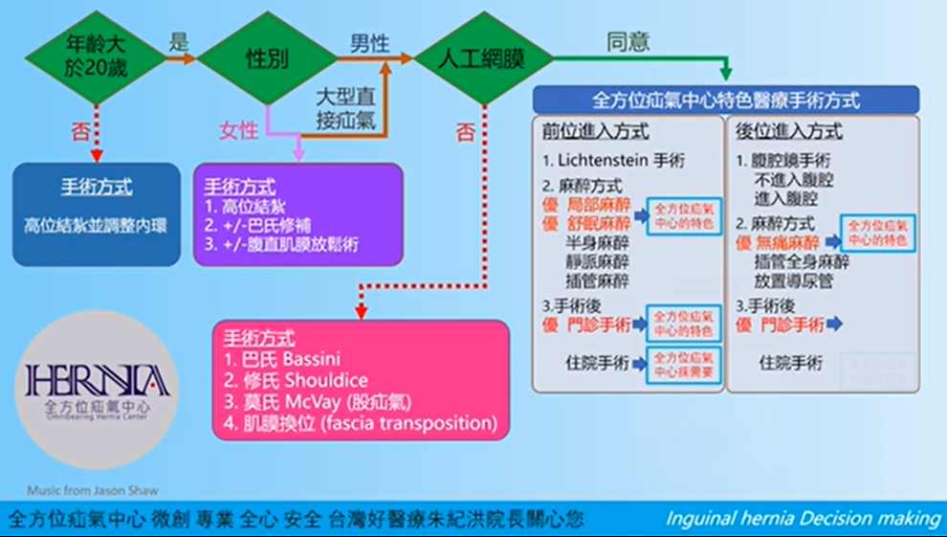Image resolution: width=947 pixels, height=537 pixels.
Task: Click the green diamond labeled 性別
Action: (x=266, y=59)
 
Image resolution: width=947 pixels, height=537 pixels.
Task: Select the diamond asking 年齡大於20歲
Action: (x=95, y=59)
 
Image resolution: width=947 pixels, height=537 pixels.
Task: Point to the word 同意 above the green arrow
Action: (x=628, y=42)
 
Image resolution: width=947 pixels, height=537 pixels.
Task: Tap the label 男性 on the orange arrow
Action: (x=369, y=43)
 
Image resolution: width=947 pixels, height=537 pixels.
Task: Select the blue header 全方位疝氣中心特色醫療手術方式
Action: (x=726, y=101)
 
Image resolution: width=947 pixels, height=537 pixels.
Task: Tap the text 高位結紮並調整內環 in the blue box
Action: (x=96, y=227)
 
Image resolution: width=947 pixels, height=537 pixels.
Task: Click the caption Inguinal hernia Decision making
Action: (x=803, y=519)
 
